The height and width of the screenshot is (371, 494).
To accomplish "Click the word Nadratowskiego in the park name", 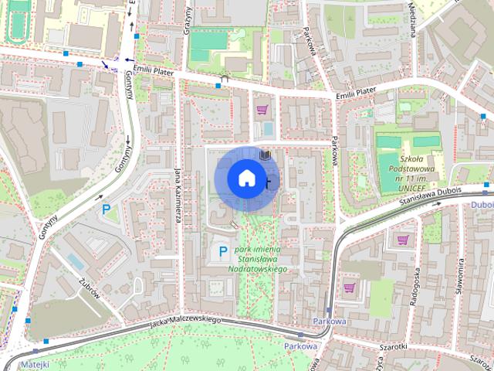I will pos(258,269).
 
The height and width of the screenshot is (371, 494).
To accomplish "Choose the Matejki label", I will pos(36,363).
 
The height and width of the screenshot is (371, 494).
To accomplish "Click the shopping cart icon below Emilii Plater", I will pos(262,109).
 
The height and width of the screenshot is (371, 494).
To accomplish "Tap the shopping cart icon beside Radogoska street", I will pos(402,240).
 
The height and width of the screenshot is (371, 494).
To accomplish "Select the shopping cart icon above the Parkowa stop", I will pos(349,288).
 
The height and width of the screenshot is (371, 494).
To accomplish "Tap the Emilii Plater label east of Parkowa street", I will pos(356,93).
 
